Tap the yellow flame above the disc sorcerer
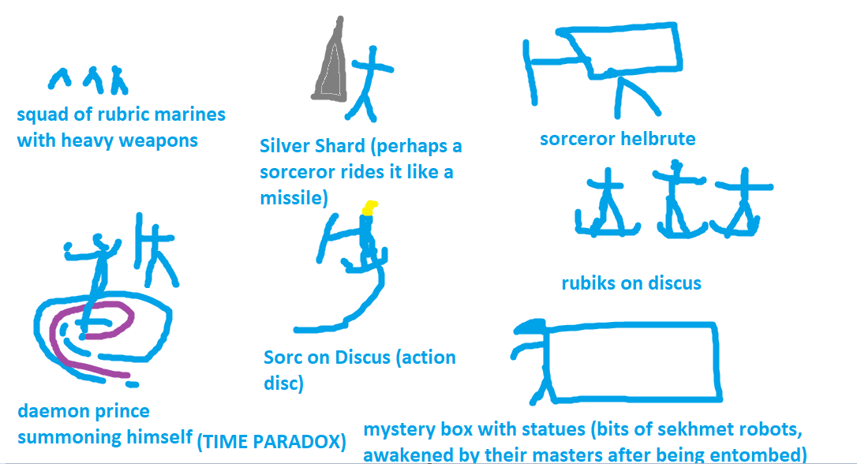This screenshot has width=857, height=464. click(369, 208)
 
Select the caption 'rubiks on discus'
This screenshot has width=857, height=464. click(631, 283)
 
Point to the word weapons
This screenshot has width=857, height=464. click(161, 141)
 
